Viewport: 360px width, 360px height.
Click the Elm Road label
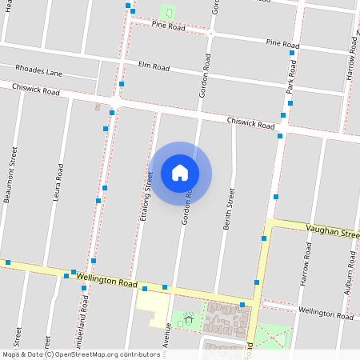154,65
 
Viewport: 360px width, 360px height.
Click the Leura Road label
58,182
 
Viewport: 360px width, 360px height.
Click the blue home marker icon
180,173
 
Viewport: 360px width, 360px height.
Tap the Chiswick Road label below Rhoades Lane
35,91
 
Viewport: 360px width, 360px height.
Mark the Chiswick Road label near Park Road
250,123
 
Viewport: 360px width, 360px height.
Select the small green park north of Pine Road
168,12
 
